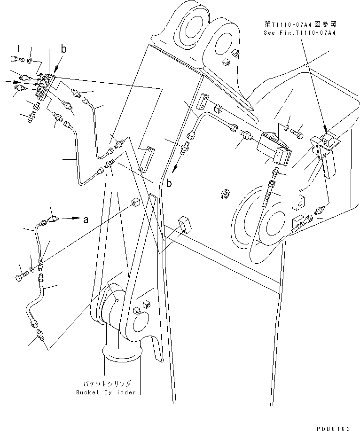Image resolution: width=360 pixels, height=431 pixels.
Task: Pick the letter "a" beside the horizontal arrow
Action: pyautogui.click(x=85, y=219)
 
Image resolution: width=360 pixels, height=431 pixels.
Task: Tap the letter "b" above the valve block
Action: pyautogui.click(x=63, y=48)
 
